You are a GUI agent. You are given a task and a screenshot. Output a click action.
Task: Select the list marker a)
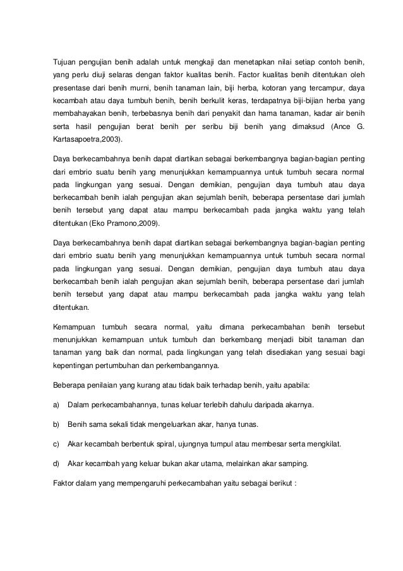[x=56, y=403]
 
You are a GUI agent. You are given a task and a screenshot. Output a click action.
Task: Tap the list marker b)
[x=56, y=423]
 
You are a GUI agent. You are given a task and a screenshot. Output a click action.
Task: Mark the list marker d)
[x=56, y=464]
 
